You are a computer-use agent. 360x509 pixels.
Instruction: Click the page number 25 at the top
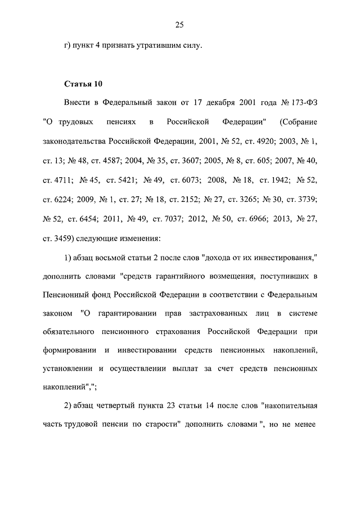[x=180, y=24]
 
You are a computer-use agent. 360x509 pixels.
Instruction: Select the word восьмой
[x=115, y=260]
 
